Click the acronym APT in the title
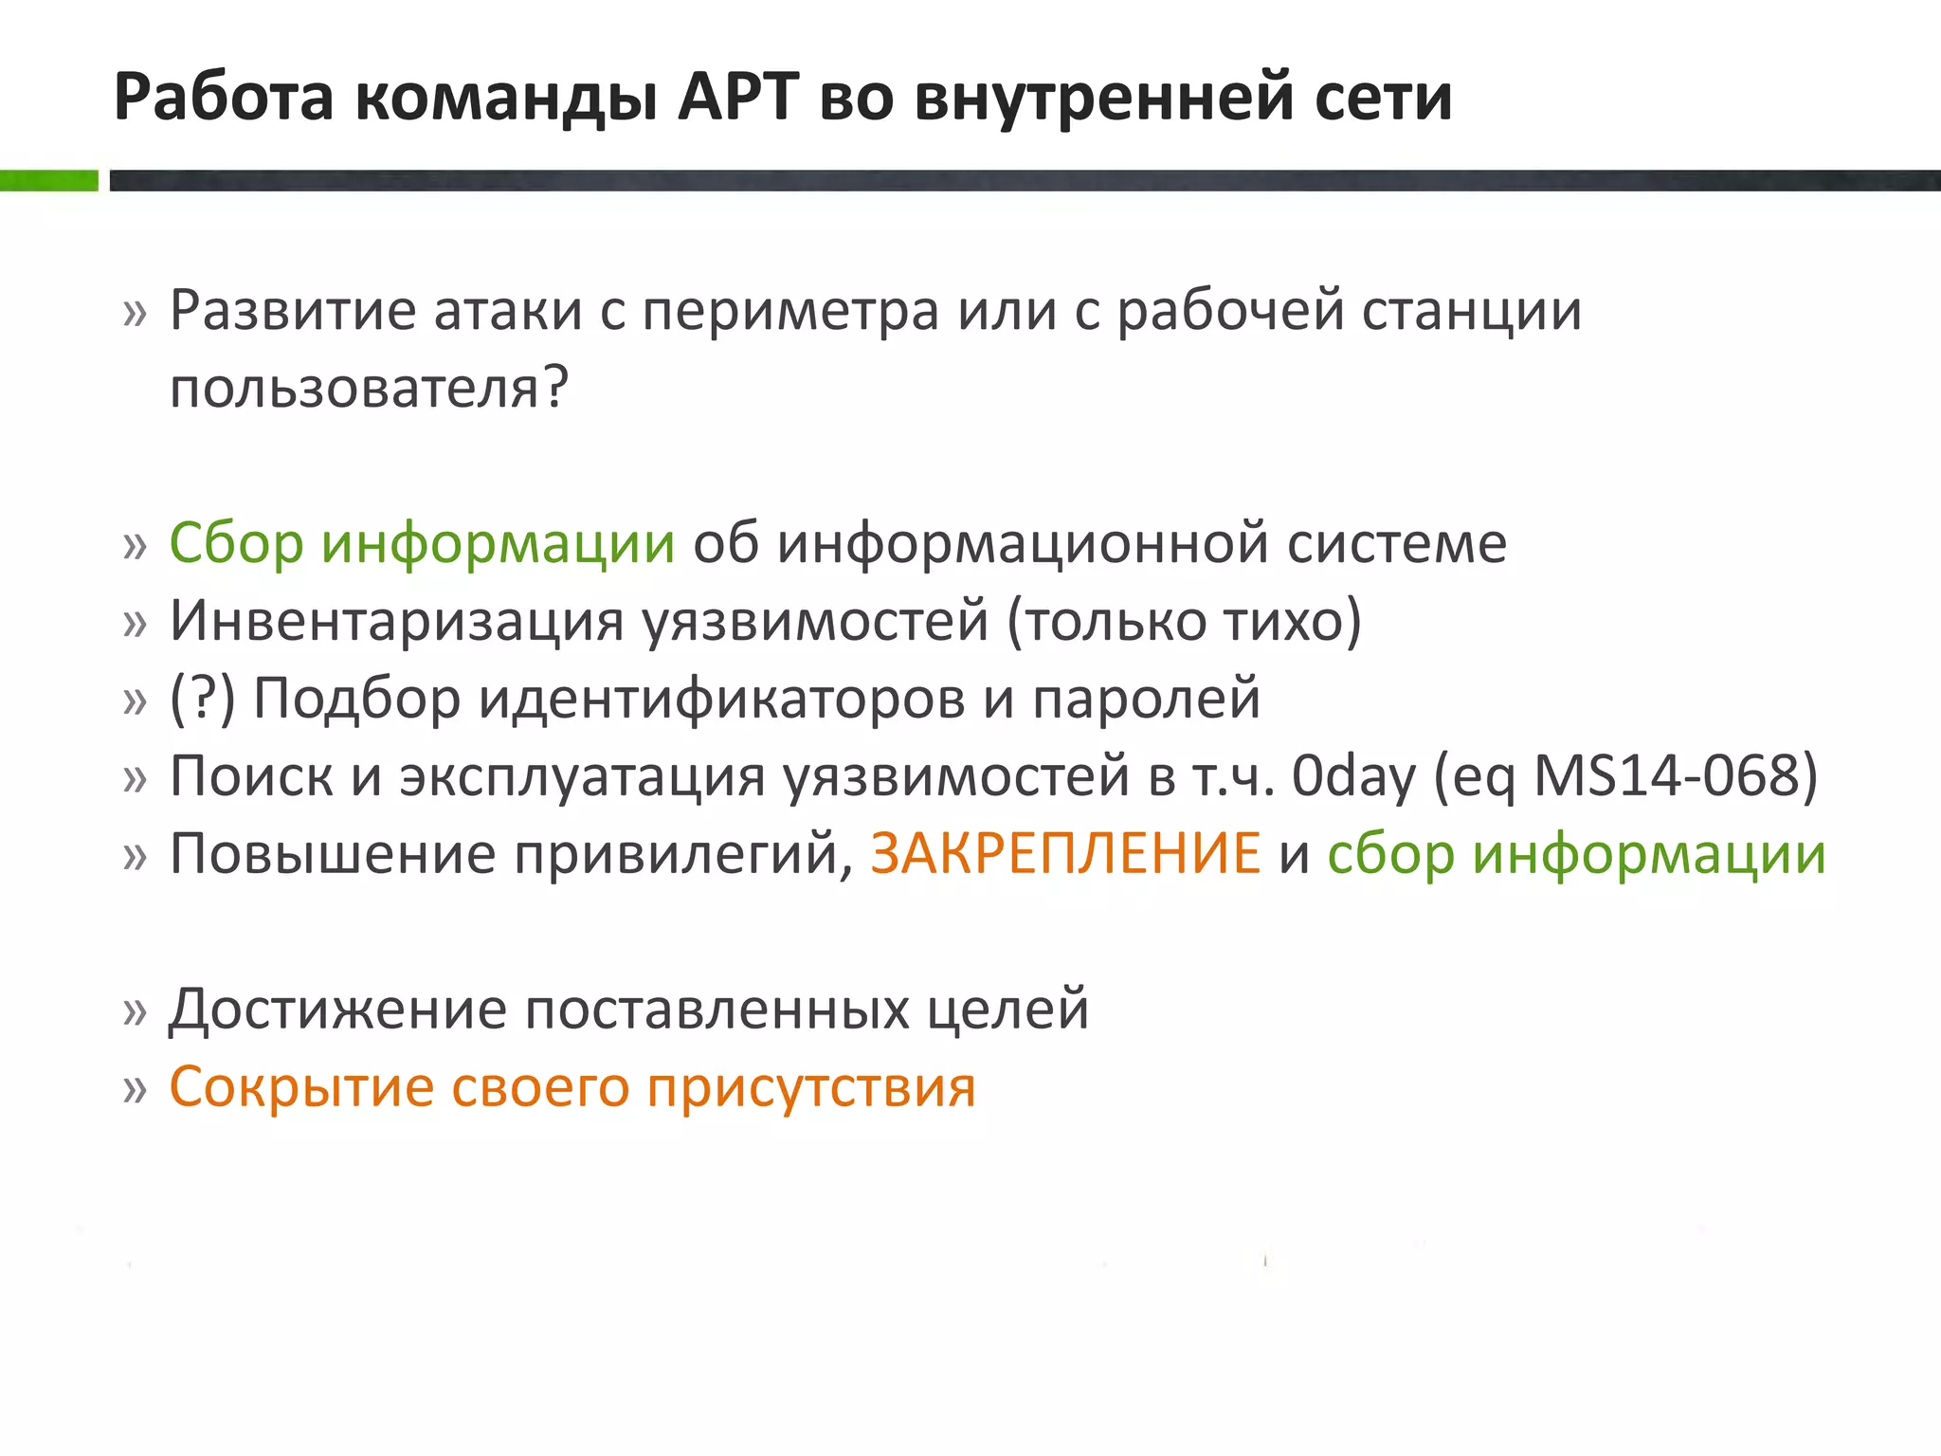click(x=738, y=97)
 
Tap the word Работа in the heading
click(x=224, y=97)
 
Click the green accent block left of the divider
click(x=48, y=180)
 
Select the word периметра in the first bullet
click(x=790, y=311)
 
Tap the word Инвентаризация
click(x=397, y=621)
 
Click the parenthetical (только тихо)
click(x=1184, y=621)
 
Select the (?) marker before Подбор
click(x=202, y=699)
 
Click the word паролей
click(x=1146, y=699)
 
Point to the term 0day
click(x=1353, y=776)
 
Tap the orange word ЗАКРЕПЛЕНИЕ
click(x=1065, y=854)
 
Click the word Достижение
click(x=337, y=1010)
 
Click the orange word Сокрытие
click(x=300, y=1087)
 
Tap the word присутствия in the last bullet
click(x=811, y=1087)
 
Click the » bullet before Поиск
click(x=136, y=779)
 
